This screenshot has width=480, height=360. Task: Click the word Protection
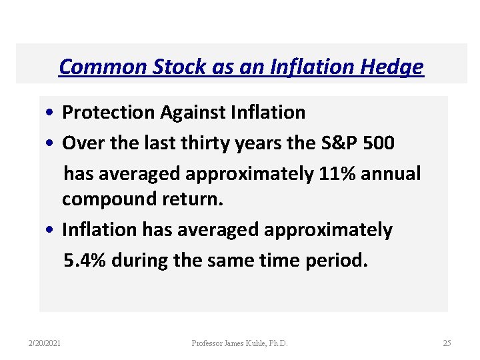[109, 113]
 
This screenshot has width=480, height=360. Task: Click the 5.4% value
[85, 259]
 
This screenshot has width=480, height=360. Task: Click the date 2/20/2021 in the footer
[45, 343]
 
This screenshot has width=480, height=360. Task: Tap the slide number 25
[447, 343]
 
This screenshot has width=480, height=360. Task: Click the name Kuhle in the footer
[255, 343]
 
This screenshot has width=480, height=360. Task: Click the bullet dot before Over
[51, 143]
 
